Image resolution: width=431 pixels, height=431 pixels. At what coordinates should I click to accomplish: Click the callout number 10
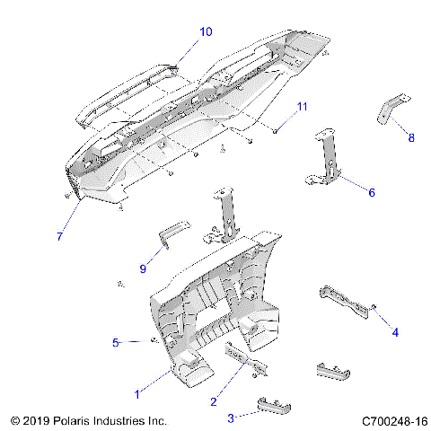pyautogui.click(x=206, y=31)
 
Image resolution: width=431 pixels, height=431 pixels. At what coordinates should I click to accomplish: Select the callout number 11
pyautogui.click(x=302, y=107)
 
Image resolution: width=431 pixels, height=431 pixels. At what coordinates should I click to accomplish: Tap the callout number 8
pyautogui.click(x=411, y=137)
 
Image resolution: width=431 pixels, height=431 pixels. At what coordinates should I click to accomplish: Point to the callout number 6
pyautogui.click(x=372, y=191)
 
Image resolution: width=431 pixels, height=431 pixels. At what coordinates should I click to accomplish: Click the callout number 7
pyautogui.click(x=59, y=236)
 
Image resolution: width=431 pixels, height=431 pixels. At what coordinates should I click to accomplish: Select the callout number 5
pyautogui.click(x=116, y=342)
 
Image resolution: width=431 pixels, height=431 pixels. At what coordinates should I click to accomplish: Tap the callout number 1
pyautogui.click(x=136, y=393)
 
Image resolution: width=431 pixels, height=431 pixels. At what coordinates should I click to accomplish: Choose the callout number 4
pyautogui.click(x=394, y=332)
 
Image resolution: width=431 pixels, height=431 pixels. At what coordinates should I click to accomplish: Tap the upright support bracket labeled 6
pyautogui.click(x=330, y=157)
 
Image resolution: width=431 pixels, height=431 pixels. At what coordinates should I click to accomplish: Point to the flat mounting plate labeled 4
pyautogui.click(x=347, y=304)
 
